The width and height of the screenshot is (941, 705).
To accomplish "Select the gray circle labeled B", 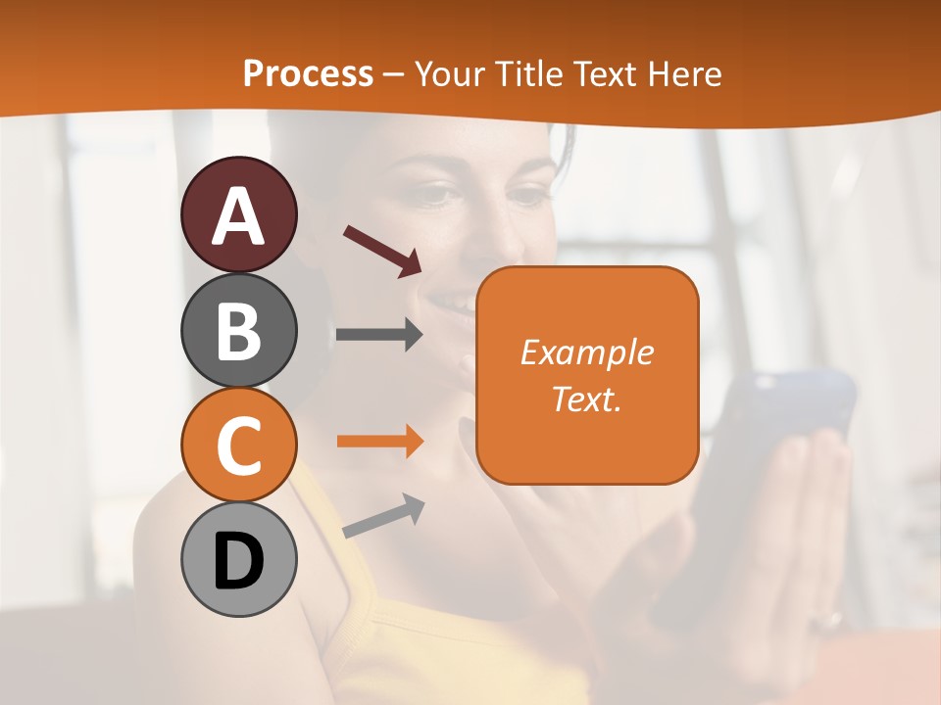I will pos(239,330).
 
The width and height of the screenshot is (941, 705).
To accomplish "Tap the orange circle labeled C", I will pos(239,446).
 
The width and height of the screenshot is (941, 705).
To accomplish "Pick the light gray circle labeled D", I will pos(239,560).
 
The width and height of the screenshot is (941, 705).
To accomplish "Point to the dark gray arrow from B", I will pos(379,335).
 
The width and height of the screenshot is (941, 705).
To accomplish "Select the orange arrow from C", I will pos(379,442).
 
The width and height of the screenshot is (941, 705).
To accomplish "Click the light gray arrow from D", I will pos(383,516).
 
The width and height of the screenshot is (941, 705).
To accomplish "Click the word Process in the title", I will pos(308,74).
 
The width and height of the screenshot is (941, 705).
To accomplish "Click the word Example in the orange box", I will pos(587,352).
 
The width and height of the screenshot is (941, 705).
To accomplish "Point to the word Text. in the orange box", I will pos(587,399).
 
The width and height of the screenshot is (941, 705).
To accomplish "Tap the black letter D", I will pos(239,561).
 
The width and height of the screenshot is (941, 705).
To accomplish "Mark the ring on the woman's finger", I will pos(833,619).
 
